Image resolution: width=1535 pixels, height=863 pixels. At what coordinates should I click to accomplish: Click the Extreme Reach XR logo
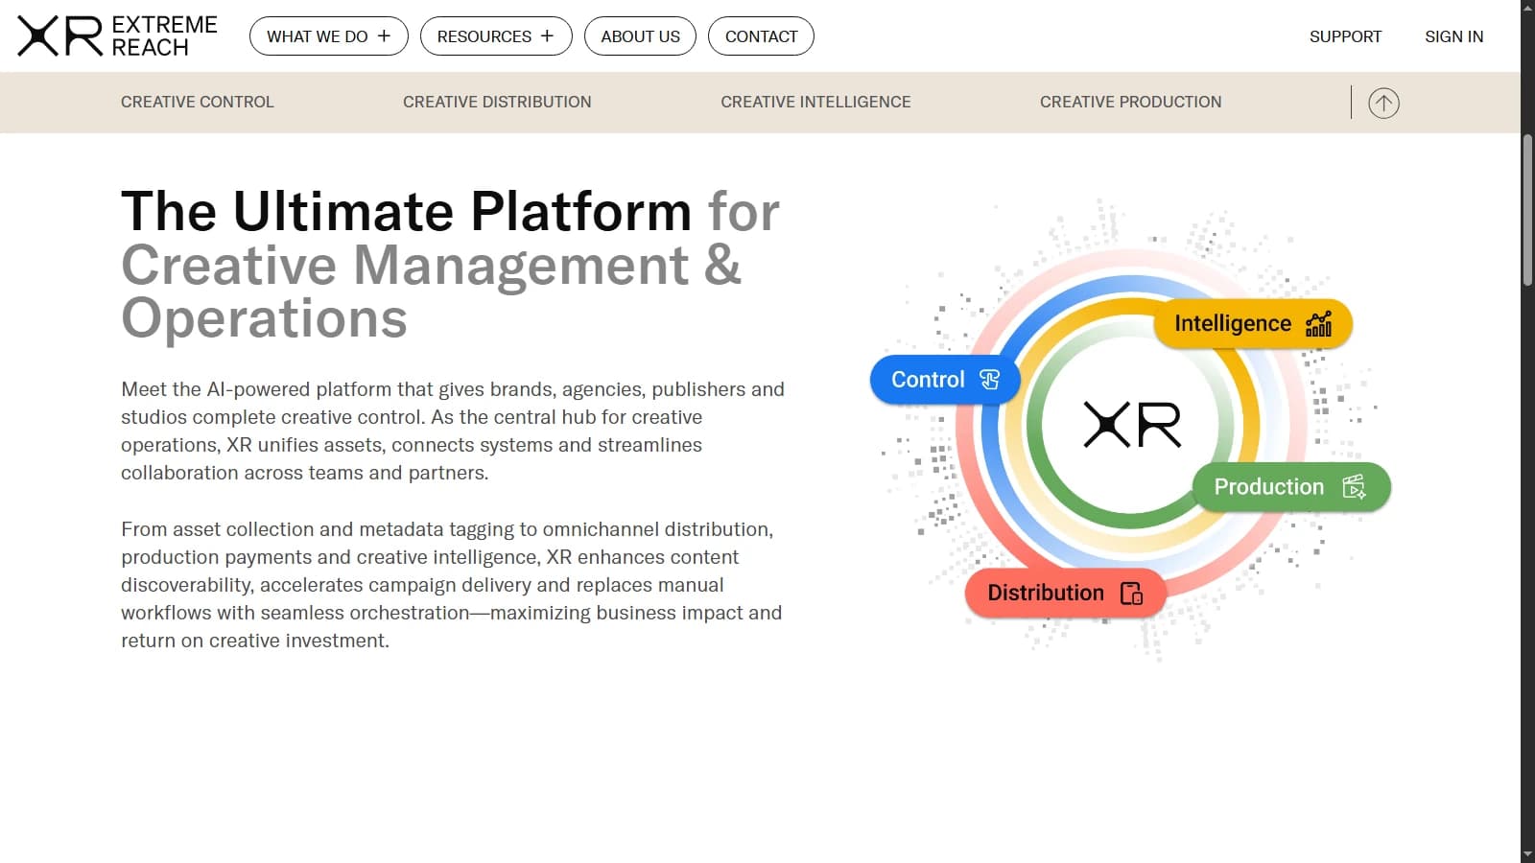coord(117,36)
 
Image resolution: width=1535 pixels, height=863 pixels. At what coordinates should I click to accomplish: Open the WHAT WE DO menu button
coord(328,36)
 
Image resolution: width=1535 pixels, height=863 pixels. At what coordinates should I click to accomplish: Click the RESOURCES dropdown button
coord(495,36)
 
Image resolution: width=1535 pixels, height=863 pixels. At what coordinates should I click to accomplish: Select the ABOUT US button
coord(640,36)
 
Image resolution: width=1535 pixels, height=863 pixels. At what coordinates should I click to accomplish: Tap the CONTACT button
coord(761,36)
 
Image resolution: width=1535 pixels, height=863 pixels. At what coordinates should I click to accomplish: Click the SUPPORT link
coord(1345,36)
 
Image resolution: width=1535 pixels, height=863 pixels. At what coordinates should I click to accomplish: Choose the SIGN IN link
coord(1453,36)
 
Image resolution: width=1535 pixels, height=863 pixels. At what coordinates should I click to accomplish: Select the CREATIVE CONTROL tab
coord(197,102)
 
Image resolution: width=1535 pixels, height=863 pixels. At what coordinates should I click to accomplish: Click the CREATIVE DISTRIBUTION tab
coord(497,102)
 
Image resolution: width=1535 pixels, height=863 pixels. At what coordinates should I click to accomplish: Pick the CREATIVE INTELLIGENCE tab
coord(815,102)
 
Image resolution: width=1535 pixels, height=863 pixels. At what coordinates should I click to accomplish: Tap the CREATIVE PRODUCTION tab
coord(1130,102)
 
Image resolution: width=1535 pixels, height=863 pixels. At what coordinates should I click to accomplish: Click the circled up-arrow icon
coord(1383,103)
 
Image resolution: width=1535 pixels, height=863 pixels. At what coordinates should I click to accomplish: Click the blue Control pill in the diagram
coord(944,380)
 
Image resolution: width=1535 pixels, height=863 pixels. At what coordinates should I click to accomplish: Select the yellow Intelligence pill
coord(1252,324)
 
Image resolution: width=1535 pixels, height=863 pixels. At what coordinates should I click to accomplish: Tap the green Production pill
coord(1290,487)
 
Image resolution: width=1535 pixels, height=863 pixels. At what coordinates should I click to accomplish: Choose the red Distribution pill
coord(1065,593)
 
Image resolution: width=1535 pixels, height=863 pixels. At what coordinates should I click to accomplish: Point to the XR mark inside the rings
coord(1132,425)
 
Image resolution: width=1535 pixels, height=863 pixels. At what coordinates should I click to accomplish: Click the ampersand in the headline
coord(722,266)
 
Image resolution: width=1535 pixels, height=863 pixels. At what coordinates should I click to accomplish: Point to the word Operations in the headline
coord(264,318)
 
